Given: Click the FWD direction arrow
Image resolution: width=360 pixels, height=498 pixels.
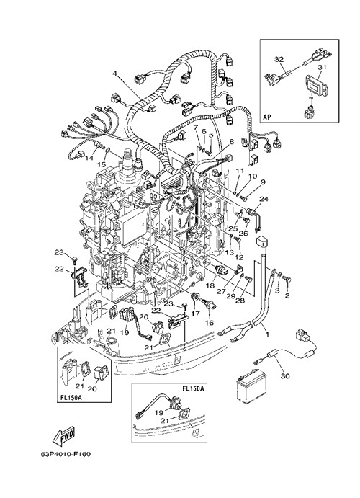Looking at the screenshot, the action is click(x=63, y=435).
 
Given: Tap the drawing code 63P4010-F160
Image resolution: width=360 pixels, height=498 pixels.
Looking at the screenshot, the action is click(x=66, y=455).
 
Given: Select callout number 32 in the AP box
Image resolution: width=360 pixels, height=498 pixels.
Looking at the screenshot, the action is click(x=279, y=59).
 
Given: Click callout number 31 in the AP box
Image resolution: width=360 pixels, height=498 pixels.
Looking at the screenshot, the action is click(x=322, y=67).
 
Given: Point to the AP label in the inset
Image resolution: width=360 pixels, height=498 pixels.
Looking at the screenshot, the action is click(x=266, y=117).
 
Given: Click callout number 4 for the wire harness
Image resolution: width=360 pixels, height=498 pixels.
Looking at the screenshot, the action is click(x=114, y=74).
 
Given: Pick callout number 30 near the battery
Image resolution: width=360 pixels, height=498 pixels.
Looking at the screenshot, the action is click(x=285, y=376).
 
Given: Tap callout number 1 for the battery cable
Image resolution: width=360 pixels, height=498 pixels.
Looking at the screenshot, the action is click(x=267, y=334).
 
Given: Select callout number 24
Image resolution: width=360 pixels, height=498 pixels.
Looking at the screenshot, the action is click(x=264, y=199).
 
